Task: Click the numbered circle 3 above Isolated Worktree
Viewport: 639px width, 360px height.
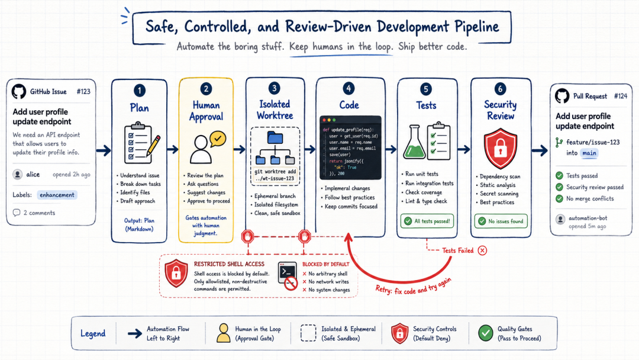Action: pyautogui.click(x=275, y=88)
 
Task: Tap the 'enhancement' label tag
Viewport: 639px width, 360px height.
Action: pyautogui.click(x=57, y=195)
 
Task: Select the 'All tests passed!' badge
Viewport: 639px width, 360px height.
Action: pyautogui.click(x=427, y=221)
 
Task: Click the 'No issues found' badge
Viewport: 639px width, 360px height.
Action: pyautogui.click(x=501, y=221)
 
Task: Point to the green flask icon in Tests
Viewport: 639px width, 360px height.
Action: pyautogui.click(x=414, y=142)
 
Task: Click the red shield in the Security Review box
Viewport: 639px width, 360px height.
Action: pyautogui.click(x=501, y=149)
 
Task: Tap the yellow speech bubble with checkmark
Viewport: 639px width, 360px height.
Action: pyautogui.click(x=218, y=139)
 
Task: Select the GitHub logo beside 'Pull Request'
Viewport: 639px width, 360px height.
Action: pyautogui.click(x=562, y=96)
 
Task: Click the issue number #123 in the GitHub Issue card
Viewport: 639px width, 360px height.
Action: pyautogui.click(x=83, y=91)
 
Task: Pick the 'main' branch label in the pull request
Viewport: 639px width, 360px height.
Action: pyautogui.click(x=589, y=153)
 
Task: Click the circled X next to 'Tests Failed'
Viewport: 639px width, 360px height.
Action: pyautogui.click(x=483, y=250)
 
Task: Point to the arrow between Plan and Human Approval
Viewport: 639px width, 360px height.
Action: pyautogui.click(x=173, y=149)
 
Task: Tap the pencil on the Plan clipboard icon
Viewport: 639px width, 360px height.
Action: pyautogui.click(x=153, y=146)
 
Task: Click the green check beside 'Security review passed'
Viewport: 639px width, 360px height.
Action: pyautogui.click(x=560, y=187)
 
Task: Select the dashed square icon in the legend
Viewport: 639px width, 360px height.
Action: pyautogui.click(x=308, y=333)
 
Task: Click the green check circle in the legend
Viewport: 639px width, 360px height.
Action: pyautogui.click(x=485, y=333)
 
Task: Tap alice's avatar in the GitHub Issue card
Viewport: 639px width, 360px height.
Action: pyautogui.click(x=18, y=175)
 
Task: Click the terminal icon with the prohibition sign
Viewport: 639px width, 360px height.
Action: pyautogui.click(x=288, y=276)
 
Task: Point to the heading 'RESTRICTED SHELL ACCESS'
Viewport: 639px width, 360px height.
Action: pyautogui.click(x=229, y=264)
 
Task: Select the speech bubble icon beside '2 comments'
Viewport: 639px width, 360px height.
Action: pyautogui.click(x=17, y=213)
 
